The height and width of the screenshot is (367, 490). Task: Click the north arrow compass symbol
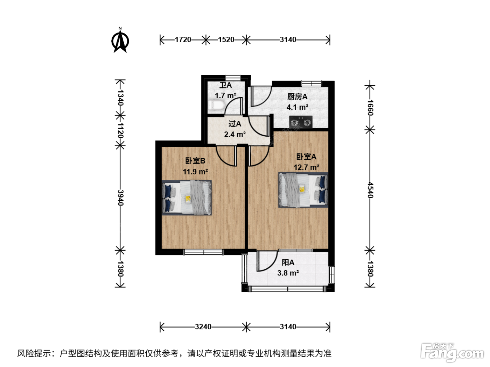pyautogui.click(x=120, y=40)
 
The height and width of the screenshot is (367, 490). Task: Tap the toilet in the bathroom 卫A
pyautogui.click(x=216, y=105)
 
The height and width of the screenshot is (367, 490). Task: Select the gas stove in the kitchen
pyautogui.click(x=301, y=122)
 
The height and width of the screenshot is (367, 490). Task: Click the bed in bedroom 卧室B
pyautogui.click(x=187, y=197)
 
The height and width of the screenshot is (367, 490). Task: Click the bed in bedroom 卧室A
pyautogui.click(x=303, y=190)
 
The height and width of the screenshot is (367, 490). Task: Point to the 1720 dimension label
pyautogui.click(x=183, y=39)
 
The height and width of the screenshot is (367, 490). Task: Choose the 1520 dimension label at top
pyautogui.click(x=226, y=39)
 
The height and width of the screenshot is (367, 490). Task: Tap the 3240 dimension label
pyautogui.click(x=203, y=327)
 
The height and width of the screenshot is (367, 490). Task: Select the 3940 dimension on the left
pyautogui.click(x=120, y=197)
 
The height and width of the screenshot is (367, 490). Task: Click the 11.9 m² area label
pyautogui.click(x=195, y=172)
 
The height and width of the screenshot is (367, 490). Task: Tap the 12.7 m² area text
pyautogui.click(x=306, y=167)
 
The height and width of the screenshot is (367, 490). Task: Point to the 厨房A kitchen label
pyautogui.click(x=297, y=97)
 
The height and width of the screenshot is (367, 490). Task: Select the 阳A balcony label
pyautogui.click(x=288, y=262)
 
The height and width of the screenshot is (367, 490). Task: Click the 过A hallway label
pyautogui.click(x=234, y=124)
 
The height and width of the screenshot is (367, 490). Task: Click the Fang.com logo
pyautogui.click(x=452, y=353)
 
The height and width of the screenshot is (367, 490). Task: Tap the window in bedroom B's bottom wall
pyautogui.click(x=203, y=252)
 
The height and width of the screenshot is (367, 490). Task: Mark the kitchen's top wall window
pyautogui.click(x=311, y=84)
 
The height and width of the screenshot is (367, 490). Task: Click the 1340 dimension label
pyautogui.click(x=120, y=98)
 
